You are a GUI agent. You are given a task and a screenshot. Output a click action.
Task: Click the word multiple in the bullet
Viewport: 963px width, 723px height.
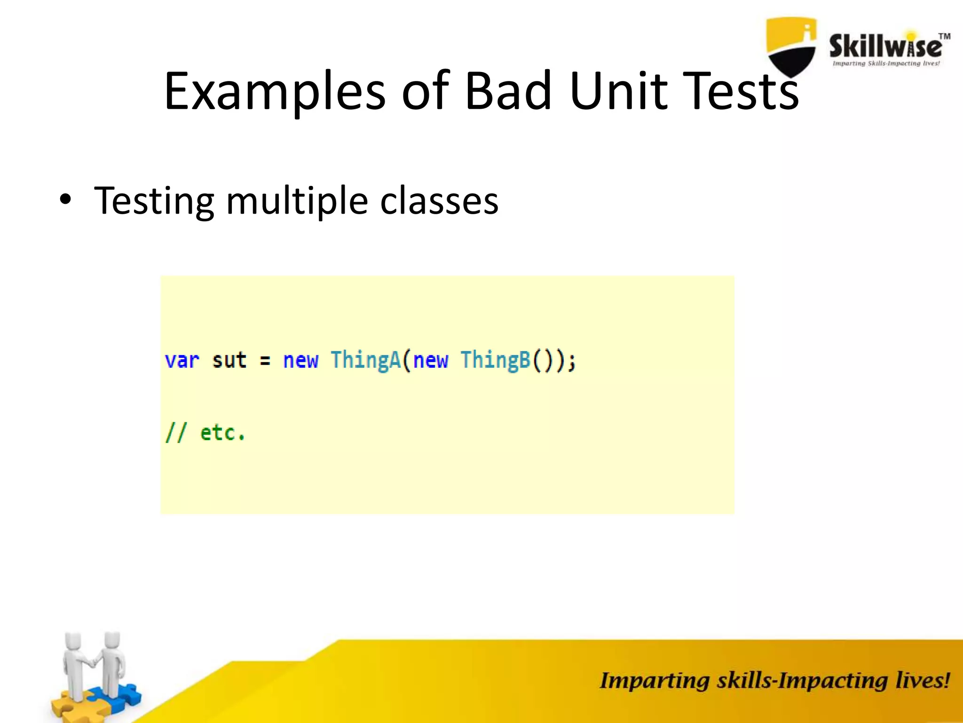tap(297, 201)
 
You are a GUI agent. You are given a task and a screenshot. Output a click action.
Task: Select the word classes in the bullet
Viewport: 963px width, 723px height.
tap(439, 201)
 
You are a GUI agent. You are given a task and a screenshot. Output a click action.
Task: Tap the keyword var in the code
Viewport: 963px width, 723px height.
tap(182, 361)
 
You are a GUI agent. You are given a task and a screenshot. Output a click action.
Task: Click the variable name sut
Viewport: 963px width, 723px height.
tap(229, 361)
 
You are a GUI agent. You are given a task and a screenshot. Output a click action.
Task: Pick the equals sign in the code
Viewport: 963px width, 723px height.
tap(265, 361)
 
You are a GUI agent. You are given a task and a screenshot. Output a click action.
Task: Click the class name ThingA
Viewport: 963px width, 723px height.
tap(365, 360)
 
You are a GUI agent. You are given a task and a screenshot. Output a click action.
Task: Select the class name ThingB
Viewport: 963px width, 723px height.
tap(495, 360)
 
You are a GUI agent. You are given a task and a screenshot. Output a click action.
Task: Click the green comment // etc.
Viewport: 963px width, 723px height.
tap(205, 433)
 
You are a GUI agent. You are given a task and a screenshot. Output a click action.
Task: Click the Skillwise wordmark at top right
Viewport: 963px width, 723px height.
tap(885, 47)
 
